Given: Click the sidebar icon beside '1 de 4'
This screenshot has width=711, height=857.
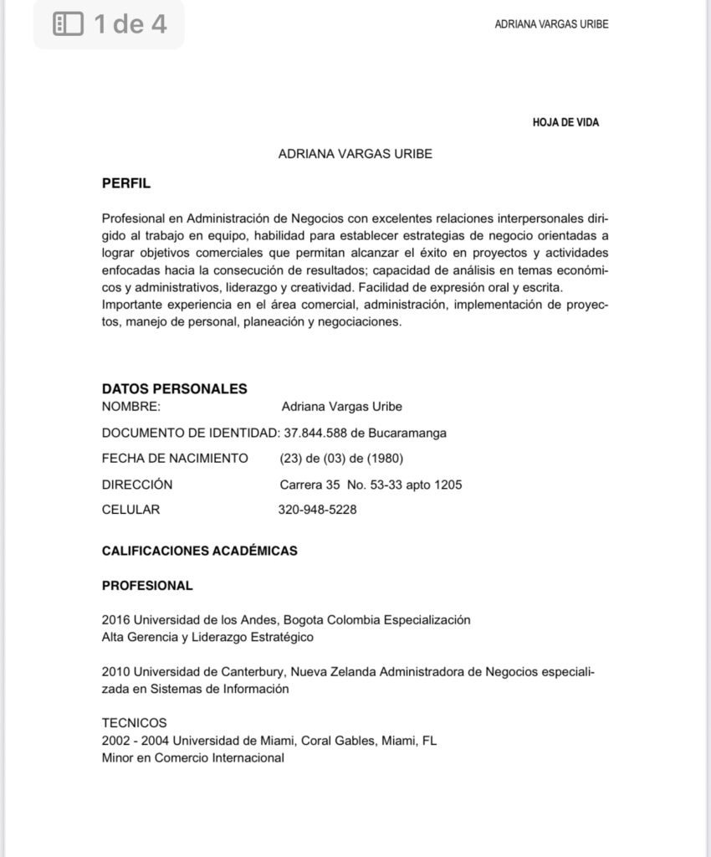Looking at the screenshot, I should point(68,24).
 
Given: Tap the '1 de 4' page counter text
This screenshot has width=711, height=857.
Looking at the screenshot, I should point(130,24).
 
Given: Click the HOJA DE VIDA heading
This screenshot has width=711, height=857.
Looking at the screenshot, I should point(565,122).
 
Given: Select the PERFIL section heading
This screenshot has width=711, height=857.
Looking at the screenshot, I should point(126,182).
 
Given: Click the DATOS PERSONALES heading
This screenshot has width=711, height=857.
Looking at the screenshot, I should point(174,388).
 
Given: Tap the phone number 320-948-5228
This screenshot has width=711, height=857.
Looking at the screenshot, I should point(317,509).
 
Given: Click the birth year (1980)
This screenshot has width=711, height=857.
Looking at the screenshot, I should point(387,458).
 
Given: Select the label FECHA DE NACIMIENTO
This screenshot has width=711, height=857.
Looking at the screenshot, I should point(175,458).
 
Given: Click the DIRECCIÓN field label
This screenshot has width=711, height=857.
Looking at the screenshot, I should point(137,484).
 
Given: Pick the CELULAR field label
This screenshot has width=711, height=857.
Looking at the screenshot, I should point(130,509).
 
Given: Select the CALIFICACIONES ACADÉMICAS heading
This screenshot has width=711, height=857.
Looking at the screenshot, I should point(199,551).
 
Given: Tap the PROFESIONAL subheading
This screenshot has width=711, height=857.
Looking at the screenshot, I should point(147,585).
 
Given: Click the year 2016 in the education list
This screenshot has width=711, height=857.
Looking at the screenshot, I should point(115,620).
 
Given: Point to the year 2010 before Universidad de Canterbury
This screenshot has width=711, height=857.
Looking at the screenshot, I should point(115,671).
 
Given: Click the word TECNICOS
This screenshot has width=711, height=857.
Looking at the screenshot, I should point(134,722).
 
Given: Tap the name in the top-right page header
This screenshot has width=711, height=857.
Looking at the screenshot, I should point(551,24).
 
